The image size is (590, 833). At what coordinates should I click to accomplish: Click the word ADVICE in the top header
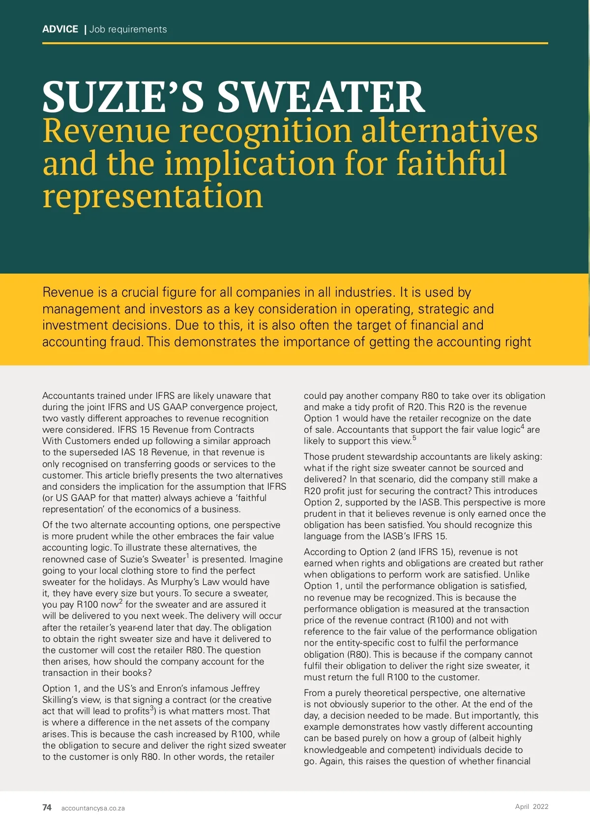(x=60, y=29)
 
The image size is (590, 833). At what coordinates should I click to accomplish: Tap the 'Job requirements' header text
(x=128, y=29)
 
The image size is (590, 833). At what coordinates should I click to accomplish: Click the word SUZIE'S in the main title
(x=122, y=97)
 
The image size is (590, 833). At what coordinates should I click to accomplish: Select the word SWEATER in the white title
(x=321, y=97)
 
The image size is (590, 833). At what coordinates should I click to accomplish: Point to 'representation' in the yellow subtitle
(x=152, y=196)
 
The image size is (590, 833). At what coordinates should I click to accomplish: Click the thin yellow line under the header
(x=295, y=43)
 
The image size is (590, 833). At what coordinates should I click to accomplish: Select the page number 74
(x=47, y=807)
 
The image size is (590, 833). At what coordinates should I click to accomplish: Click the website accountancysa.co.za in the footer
(x=93, y=808)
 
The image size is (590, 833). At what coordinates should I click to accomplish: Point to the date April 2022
(x=531, y=806)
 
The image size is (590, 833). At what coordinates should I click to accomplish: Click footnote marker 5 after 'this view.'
(x=414, y=438)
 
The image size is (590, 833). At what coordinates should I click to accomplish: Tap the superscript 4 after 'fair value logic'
(x=522, y=426)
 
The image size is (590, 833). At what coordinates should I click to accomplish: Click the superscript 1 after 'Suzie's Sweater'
(x=188, y=556)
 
